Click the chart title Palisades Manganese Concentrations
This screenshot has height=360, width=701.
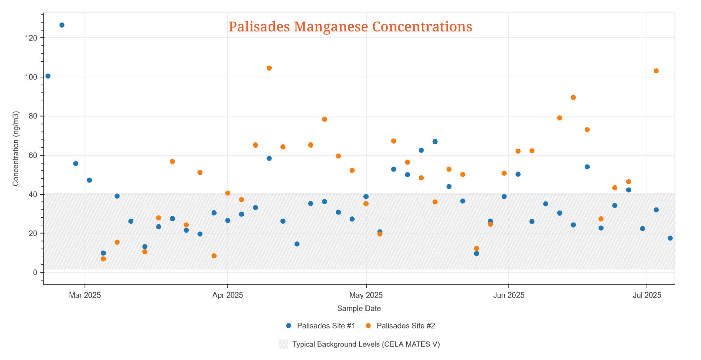click(350, 27)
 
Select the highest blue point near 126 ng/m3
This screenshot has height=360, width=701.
click(62, 25)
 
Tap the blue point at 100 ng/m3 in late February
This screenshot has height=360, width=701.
click(48, 76)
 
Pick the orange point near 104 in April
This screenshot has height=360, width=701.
click(269, 68)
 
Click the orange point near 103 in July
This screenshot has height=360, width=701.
click(656, 71)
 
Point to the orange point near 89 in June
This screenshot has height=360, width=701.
click(573, 97)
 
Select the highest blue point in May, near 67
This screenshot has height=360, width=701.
click(435, 142)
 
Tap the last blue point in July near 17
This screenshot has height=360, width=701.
click(670, 238)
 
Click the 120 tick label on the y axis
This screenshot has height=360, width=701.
click(31, 38)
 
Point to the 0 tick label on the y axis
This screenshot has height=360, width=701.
click(35, 272)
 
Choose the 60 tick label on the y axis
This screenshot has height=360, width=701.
click(33, 155)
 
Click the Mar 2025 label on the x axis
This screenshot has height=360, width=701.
click(85, 295)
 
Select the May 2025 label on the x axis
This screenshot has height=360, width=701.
click(366, 295)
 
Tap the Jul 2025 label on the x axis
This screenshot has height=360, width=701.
click(647, 295)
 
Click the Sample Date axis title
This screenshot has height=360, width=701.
click(359, 309)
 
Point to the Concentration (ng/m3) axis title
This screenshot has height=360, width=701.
click(16, 149)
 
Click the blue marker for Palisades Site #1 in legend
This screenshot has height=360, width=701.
click(288, 326)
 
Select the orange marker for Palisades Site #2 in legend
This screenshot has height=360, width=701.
click(368, 326)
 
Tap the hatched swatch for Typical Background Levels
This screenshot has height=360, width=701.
click(284, 344)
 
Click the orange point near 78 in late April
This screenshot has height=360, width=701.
click(324, 119)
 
